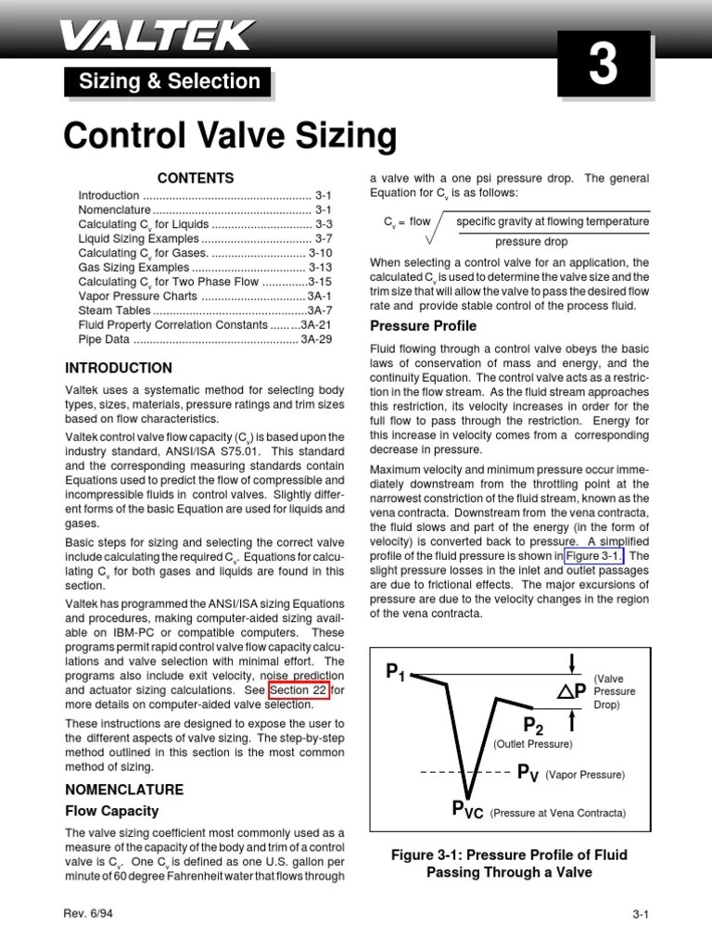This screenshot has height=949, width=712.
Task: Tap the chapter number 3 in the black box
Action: pos(603,69)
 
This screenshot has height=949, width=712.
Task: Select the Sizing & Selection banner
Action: pos(169,82)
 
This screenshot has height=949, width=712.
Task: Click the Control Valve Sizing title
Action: pos(230,136)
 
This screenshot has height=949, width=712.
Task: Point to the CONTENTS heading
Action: pos(196,178)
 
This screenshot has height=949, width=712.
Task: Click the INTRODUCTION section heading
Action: pos(119,368)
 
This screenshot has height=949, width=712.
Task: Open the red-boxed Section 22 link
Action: pos(299,690)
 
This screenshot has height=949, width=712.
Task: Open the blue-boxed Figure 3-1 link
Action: pos(594,555)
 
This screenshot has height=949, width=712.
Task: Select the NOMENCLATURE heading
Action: pos(124,790)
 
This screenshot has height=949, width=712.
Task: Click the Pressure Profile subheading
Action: pos(424,326)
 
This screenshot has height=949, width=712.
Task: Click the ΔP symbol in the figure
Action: pos(572,690)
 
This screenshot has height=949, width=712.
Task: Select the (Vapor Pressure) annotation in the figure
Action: pos(585,774)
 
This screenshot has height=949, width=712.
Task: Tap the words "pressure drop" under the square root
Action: pos(530,241)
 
